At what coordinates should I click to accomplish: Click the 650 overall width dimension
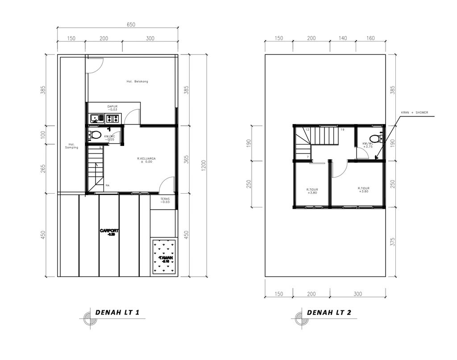tap(131, 25)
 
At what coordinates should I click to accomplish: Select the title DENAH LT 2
tap(329, 313)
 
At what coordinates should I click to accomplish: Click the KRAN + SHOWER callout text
tap(414, 113)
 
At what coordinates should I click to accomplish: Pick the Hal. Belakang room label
tap(137, 82)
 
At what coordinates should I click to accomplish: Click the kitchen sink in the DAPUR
tap(95, 118)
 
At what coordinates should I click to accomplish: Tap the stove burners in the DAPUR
tap(112, 118)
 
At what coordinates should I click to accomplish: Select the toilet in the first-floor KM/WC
tap(95, 135)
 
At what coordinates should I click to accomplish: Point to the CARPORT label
tap(109, 232)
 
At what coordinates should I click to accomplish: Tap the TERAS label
tap(166, 200)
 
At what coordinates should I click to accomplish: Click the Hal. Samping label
tap(71, 146)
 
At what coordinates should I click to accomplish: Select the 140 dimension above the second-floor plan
tap(342, 39)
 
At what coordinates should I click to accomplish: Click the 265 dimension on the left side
tap(44, 170)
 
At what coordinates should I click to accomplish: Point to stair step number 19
tap(342, 130)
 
